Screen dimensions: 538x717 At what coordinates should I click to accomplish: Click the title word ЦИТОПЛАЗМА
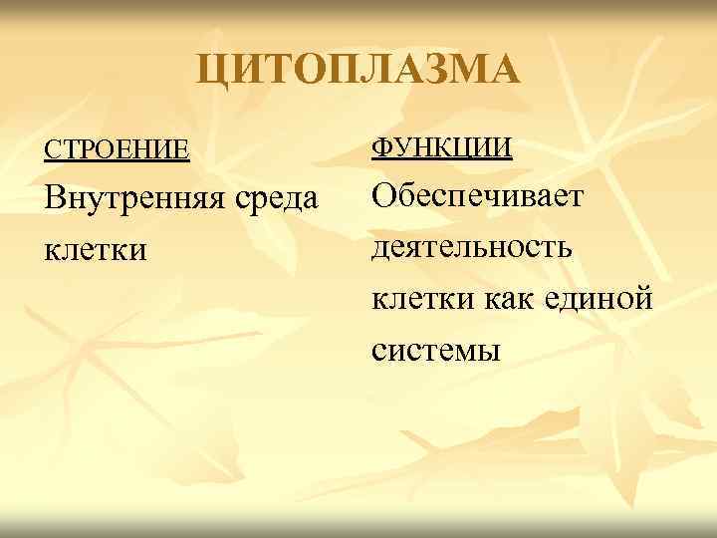tap(358, 72)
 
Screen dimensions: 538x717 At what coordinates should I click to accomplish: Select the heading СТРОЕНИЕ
tap(116, 150)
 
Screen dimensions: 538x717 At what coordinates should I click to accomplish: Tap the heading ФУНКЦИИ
tap(442, 148)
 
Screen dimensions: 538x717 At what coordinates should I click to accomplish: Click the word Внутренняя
tap(128, 200)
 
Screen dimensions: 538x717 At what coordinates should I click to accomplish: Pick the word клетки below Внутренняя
tap(96, 248)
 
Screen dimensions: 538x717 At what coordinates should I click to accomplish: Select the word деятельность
tap(473, 246)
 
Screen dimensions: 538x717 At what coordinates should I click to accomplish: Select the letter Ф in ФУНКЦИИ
tap(382, 148)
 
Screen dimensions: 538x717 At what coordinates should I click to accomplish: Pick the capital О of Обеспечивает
tap(384, 194)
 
